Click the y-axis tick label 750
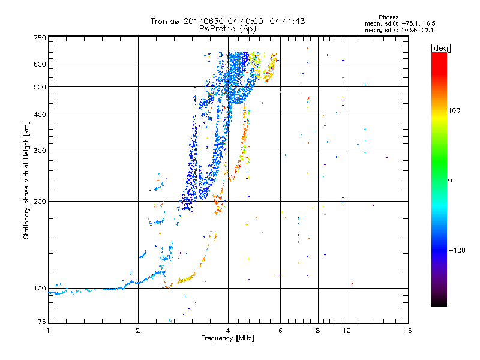pyautogui.click(x=40, y=38)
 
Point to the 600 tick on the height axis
pyautogui.click(x=40, y=64)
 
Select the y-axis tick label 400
pyautogui.click(x=40, y=115)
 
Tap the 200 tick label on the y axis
pyautogui.click(x=40, y=201)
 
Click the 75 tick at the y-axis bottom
pyautogui.click(x=41, y=322)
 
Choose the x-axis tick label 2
pyautogui.click(x=138, y=330)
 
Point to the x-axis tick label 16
pyautogui.click(x=408, y=330)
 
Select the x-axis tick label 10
pyautogui.click(x=346, y=330)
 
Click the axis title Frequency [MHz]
pyautogui.click(x=227, y=338)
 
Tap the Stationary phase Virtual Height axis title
pyautogui.click(x=26, y=180)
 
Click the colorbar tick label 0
pyautogui.click(x=452, y=180)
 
